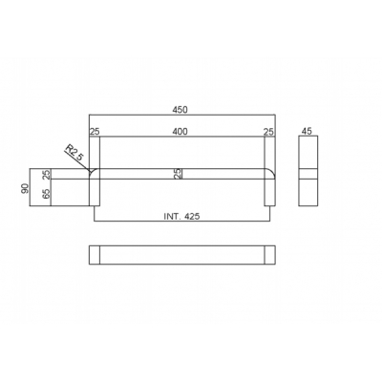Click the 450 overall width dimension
tap(180, 110)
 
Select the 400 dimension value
tap(180, 132)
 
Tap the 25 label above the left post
tap(95, 132)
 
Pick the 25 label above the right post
tap(269, 132)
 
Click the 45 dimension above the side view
tap(308, 132)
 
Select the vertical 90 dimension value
tap(25, 188)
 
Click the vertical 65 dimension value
tap(47, 194)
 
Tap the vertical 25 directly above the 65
tap(47, 174)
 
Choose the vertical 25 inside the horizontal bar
tap(179, 174)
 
